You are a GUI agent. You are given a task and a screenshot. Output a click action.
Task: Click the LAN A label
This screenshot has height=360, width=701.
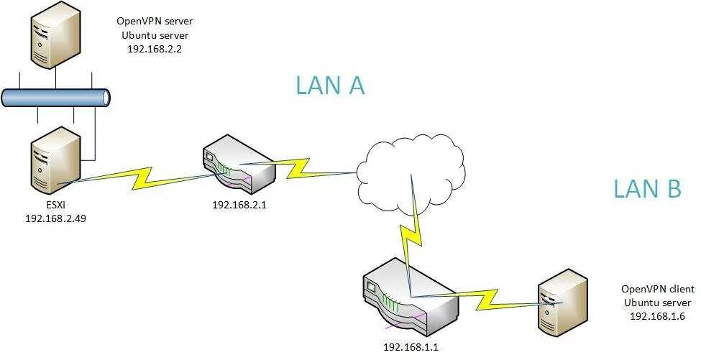click(330, 86)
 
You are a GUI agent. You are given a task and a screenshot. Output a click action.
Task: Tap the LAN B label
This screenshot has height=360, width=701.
click(646, 188)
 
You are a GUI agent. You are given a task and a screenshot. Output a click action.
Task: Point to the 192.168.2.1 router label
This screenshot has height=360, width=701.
click(240, 205)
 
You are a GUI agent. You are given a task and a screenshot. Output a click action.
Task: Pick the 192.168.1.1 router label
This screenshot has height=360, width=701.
click(411, 347)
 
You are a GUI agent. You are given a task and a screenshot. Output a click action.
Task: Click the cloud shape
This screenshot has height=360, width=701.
click(410, 172)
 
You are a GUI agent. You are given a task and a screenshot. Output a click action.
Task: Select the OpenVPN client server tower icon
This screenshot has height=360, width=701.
click(564, 302)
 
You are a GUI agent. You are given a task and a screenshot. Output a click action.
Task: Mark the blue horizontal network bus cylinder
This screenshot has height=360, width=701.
click(55, 98)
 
